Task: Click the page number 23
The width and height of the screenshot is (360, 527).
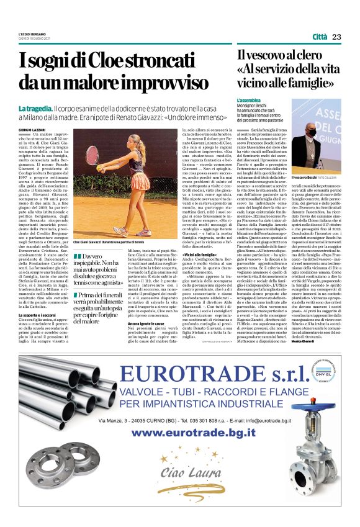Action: (337, 37)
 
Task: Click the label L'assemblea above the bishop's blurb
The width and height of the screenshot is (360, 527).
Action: (249, 100)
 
